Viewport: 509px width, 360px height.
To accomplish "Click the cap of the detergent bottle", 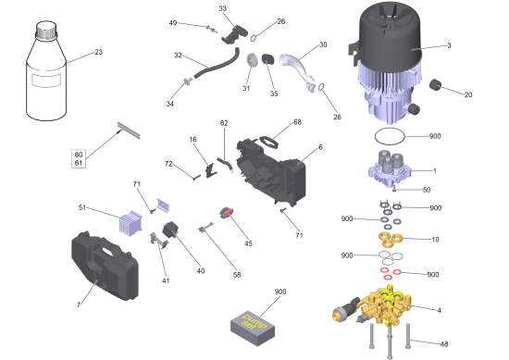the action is (46, 30).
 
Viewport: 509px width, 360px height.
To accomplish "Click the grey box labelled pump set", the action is (253, 328).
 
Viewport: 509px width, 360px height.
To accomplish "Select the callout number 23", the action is (98, 52).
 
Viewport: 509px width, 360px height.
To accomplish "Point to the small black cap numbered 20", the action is (435, 85).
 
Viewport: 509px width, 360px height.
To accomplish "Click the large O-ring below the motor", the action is (390, 136).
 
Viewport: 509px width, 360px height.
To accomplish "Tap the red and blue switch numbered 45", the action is (227, 213).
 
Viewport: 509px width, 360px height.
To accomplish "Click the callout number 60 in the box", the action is (79, 155).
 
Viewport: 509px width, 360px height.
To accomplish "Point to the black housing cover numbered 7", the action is (105, 266).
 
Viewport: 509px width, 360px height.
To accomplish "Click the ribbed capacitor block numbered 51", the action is (130, 222).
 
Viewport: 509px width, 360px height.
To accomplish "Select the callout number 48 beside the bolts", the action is (443, 344).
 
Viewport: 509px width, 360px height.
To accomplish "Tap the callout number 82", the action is (224, 123).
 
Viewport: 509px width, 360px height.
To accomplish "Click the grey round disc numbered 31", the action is (252, 60).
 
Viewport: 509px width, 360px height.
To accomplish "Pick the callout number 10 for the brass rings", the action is (435, 240).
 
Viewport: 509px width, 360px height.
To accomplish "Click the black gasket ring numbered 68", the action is (268, 143).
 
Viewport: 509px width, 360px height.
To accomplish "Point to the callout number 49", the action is (173, 23).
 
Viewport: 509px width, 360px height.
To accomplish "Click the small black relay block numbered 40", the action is (170, 230).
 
